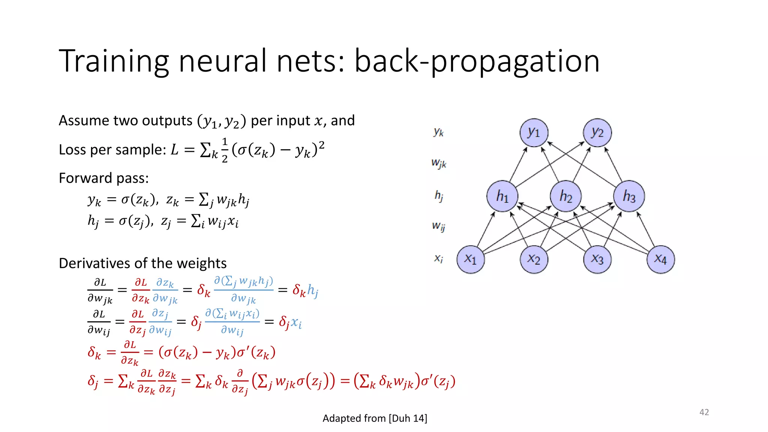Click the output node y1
534,133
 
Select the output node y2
597,133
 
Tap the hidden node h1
502,196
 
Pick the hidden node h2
566,196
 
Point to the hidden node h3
629,196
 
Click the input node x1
471,259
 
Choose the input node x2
534,259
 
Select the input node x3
597,259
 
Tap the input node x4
661,259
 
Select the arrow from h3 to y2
613,164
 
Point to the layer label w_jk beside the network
439,163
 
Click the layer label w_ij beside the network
438,226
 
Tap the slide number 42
704,412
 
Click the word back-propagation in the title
477,61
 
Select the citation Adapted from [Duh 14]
375,418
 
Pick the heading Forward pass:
104,178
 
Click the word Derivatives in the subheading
94,263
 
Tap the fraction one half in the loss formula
225,150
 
